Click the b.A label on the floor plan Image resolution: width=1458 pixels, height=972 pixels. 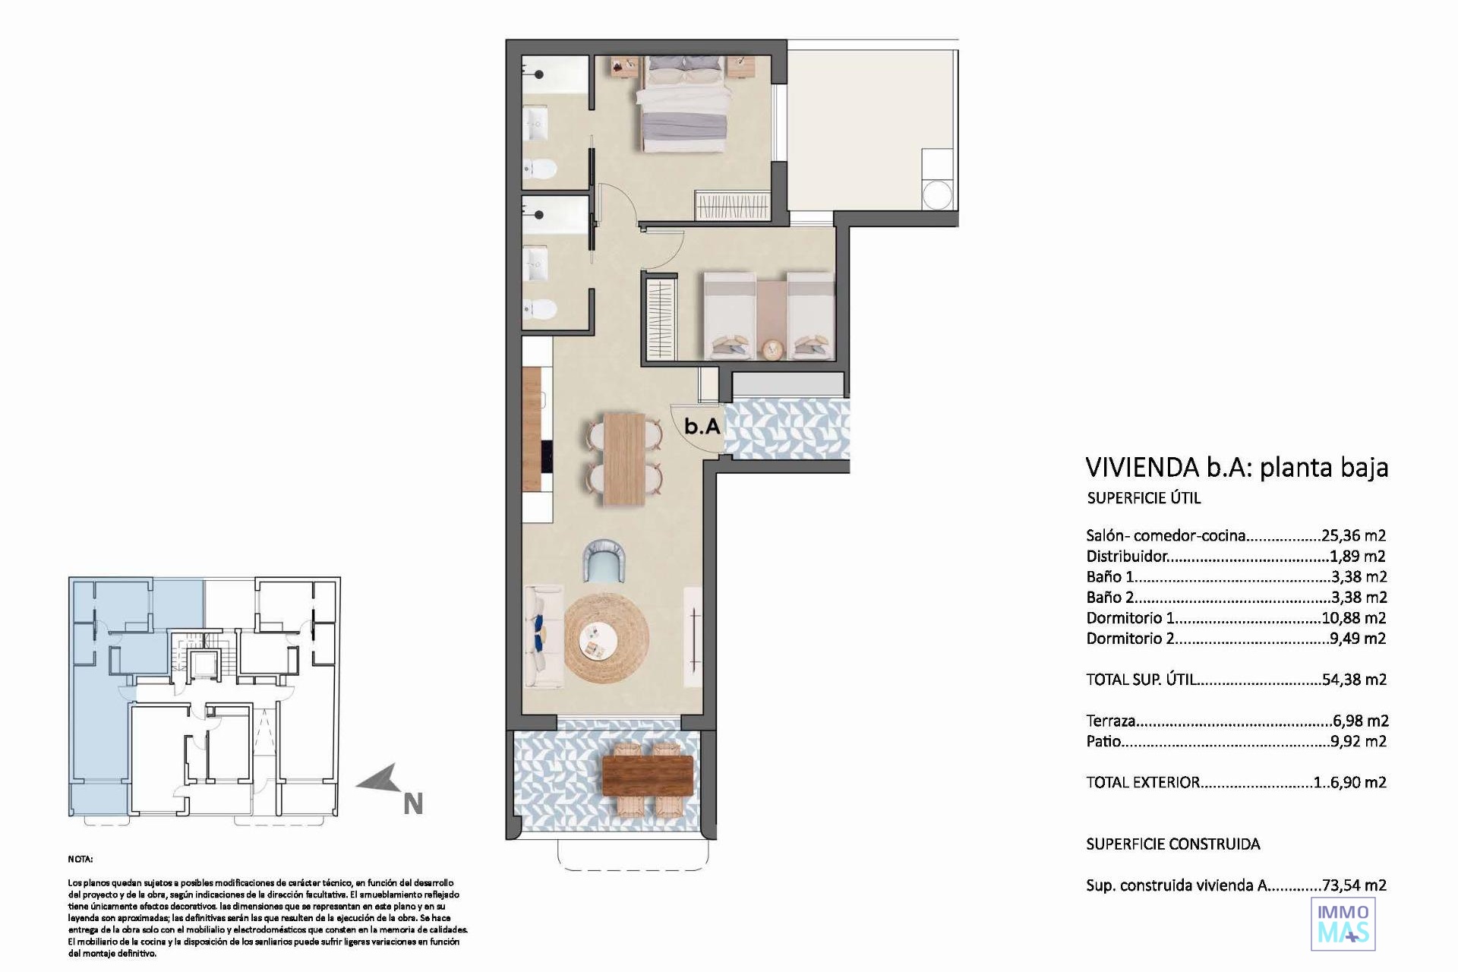tap(702, 426)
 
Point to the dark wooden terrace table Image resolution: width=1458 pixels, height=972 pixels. tap(647, 775)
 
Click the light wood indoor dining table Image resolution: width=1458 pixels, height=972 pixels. tap(624, 459)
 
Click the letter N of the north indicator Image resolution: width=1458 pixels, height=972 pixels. tap(412, 804)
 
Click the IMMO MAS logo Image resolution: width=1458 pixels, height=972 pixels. tap(1343, 923)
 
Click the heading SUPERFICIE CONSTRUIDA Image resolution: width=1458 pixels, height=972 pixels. tap(1172, 844)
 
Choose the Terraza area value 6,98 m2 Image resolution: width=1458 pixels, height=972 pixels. tap(1360, 721)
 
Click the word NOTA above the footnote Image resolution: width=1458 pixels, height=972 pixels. tap(80, 860)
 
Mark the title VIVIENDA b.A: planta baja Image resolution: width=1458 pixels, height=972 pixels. tap(1237, 467)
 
